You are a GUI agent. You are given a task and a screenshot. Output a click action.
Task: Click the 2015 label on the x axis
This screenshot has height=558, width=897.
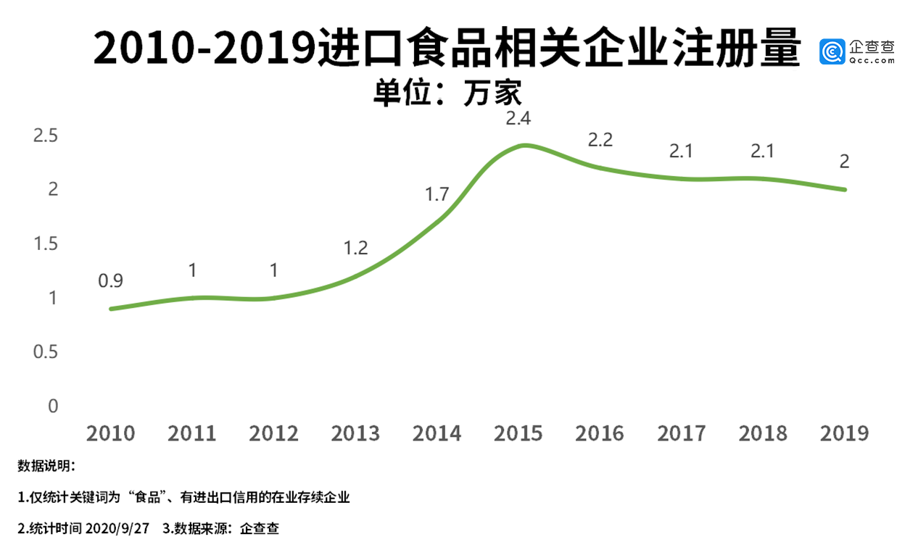[x=518, y=433]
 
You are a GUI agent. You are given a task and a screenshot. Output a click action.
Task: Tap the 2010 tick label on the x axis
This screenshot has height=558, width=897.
[x=110, y=433]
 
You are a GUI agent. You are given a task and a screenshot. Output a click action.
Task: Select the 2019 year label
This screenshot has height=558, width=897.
[x=844, y=433]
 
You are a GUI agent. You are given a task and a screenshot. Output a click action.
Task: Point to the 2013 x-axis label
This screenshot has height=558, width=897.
[x=355, y=433]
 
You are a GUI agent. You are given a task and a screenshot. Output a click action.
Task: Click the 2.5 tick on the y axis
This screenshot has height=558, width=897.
[x=45, y=136]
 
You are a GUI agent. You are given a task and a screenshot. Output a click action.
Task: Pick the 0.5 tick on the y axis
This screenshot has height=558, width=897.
[x=45, y=352]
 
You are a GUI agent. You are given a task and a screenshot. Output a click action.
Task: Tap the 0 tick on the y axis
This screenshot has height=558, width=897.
[x=52, y=407]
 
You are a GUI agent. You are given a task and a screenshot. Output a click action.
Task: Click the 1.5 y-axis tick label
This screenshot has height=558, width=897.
[x=45, y=243]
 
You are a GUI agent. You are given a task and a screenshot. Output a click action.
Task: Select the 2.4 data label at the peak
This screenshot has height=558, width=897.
[x=518, y=118]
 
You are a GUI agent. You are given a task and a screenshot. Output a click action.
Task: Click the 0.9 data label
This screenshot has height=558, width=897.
[x=111, y=280]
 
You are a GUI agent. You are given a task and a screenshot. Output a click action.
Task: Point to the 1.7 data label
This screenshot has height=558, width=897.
[x=437, y=194]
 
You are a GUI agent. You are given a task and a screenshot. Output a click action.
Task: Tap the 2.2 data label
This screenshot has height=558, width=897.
[x=600, y=140]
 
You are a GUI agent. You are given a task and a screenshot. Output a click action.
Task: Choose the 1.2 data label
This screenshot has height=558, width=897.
[x=355, y=249]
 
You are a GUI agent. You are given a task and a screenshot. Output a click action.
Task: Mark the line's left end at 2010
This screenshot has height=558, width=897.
[x=111, y=309]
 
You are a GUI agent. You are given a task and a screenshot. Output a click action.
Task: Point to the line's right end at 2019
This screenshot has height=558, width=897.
[x=845, y=190]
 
